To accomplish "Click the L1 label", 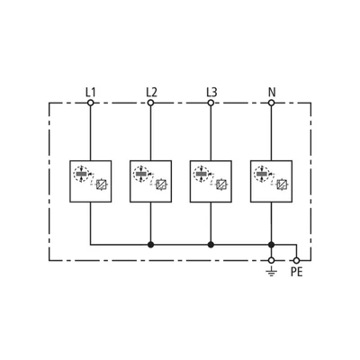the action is pyautogui.click(x=90, y=93).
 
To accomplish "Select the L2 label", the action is pyautogui.click(x=151, y=93).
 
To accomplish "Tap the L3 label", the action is pyautogui.click(x=211, y=93).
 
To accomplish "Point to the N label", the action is pyautogui.click(x=272, y=93).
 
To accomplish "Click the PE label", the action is pyautogui.click(x=297, y=272).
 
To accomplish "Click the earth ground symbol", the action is pyautogui.click(x=271, y=272).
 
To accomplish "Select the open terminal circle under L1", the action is pyautogui.click(x=91, y=103).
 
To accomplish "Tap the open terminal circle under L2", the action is pyautogui.click(x=151, y=103).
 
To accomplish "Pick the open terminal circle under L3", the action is pyautogui.click(x=211, y=103).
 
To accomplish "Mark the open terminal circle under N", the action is pyautogui.click(x=271, y=103).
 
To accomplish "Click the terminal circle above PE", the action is pyautogui.click(x=296, y=260).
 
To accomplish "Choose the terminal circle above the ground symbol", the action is pyautogui.click(x=271, y=260).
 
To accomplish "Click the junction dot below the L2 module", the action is pyautogui.click(x=151, y=245).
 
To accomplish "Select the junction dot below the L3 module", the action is pyautogui.click(x=211, y=245).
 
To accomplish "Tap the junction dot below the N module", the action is pyautogui.click(x=271, y=245).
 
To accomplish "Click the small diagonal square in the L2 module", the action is pyautogui.click(x=161, y=184).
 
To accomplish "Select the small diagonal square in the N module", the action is pyautogui.click(x=282, y=184).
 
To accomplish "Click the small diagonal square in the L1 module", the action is pyautogui.click(x=102, y=184).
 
